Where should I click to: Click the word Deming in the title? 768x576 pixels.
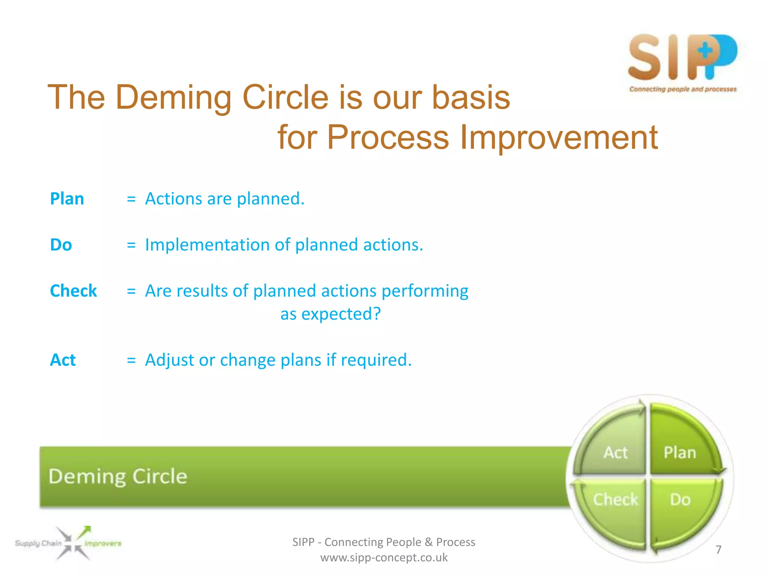[174, 97]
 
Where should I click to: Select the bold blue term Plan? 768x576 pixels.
[67, 199]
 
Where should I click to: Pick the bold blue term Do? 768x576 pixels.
[61, 245]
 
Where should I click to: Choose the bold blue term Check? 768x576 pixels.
[73, 291]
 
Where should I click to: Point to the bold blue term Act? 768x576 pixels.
[63, 360]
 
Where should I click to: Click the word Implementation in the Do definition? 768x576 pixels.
[207, 245]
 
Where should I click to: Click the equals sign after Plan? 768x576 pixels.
[131, 199]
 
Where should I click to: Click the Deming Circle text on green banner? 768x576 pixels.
[118, 477]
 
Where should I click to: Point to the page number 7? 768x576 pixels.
[718, 550]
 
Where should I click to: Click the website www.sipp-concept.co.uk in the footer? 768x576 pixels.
[384, 558]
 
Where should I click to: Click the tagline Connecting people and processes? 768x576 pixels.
[682, 89]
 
